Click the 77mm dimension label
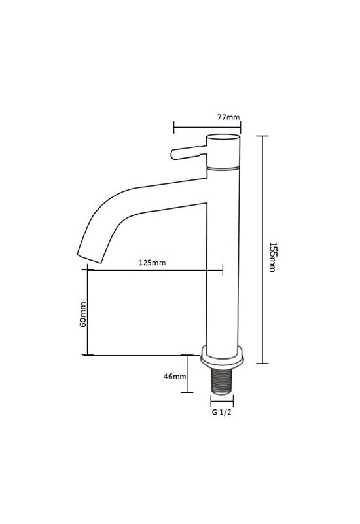click(x=228, y=117)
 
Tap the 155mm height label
click(x=273, y=257)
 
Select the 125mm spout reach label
click(x=153, y=263)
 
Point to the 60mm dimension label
click(x=83, y=314)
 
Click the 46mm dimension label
click(x=175, y=376)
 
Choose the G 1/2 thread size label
click(x=221, y=412)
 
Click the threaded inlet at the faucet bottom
click(x=222, y=381)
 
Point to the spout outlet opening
click(x=89, y=258)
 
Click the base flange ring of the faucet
click(x=222, y=357)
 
